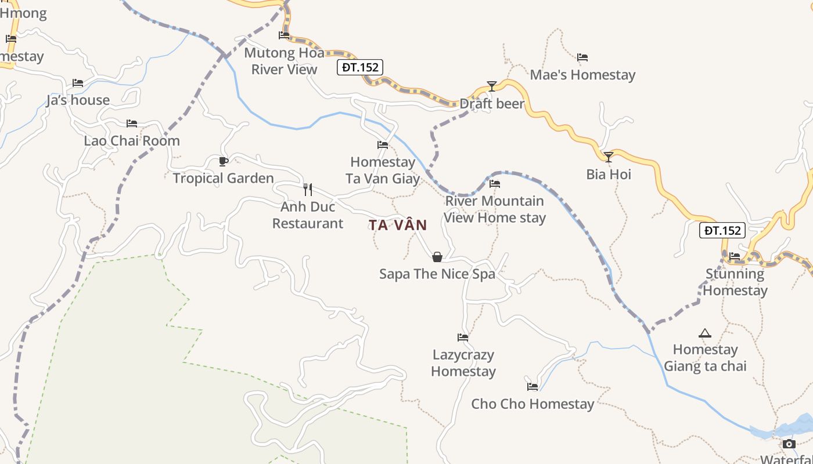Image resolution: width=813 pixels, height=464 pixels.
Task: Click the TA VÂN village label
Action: pos(398,225)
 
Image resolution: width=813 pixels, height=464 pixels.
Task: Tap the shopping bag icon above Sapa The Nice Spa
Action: pos(437,256)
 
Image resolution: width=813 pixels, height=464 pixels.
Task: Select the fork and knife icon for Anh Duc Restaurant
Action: pos(308,189)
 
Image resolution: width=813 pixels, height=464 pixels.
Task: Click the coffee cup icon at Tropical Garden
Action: pos(224,161)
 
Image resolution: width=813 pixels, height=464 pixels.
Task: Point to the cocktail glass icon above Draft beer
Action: pos(492,86)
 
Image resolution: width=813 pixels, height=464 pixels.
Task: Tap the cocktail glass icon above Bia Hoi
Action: pos(608,157)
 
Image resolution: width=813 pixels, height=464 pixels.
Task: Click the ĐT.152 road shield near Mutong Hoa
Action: pos(360,67)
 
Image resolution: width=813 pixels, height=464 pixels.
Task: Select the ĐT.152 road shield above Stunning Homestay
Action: pos(722,230)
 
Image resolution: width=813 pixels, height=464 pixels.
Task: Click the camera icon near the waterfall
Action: pos(789,444)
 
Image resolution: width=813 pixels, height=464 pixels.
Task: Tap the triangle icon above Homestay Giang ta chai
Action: pos(705,333)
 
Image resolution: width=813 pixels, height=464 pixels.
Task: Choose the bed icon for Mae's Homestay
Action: pos(582,57)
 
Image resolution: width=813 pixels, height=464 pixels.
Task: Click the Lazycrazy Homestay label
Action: pos(463,363)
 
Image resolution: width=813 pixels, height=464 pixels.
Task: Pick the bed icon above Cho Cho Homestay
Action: pos(532,386)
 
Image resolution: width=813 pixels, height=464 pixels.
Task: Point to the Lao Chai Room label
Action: pos(132,141)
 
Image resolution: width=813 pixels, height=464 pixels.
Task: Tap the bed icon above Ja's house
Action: pos(78,83)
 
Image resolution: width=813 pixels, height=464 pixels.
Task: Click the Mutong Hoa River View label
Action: pos(284,61)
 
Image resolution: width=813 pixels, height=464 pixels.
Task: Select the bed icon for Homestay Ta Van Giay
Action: pos(383,145)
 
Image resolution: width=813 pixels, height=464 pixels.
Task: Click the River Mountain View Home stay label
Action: pos(495,209)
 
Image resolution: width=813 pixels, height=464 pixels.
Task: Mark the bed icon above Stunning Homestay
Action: pos(735,256)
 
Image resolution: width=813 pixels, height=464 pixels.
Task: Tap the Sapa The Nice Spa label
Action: pos(437,274)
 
